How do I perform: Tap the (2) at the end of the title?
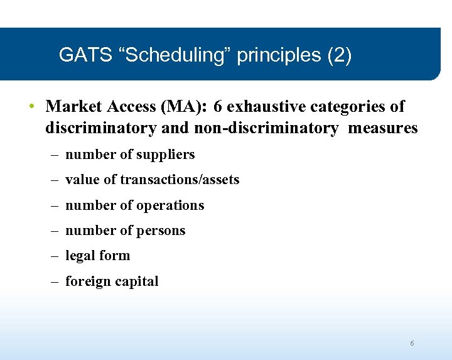pyautogui.click(x=339, y=55)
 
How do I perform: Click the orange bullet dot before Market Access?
pyautogui.click(x=31, y=106)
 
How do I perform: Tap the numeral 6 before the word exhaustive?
pyautogui.click(x=218, y=106)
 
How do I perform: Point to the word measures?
pyautogui.click(x=382, y=128)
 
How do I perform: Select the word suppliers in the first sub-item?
pyautogui.click(x=164, y=155)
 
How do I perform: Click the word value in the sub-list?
pyautogui.click(x=82, y=180)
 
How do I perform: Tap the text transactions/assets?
pyautogui.click(x=180, y=180)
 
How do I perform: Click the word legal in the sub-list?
pyautogui.click(x=81, y=256)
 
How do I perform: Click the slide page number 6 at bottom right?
pyautogui.click(x=412, y=343)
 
